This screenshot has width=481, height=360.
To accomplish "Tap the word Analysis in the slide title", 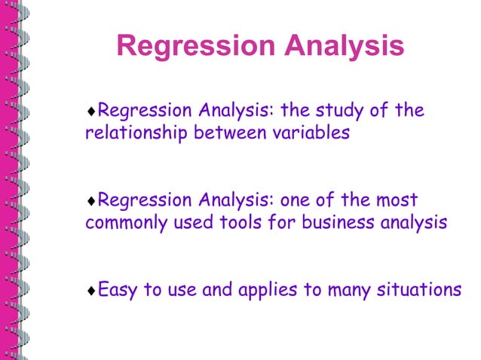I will (342, 47).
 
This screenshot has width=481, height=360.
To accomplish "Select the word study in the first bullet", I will (339, 111).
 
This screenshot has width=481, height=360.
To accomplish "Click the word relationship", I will (136, 134).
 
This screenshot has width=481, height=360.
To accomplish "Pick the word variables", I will (308, 134).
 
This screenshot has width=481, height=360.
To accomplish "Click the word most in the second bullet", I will (397, 201).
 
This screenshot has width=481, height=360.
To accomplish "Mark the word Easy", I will (118, 290).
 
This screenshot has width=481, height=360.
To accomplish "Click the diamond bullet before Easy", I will (91, 291).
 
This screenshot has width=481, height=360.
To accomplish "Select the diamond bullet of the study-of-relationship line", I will (91, 112).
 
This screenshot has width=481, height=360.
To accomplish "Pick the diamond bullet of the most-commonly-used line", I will (91, 202).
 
